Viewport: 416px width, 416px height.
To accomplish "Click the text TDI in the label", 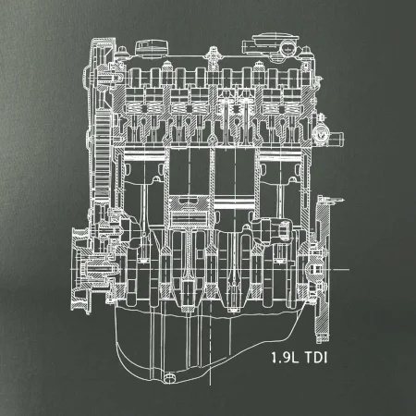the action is pyautogui.click(x=316, y=358).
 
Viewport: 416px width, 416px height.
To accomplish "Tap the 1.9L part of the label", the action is pyautogui.click(x=285, y=358).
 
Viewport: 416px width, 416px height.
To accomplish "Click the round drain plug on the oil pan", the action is pyautogui.click(x=169, y=377).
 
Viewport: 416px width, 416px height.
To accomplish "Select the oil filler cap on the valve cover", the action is pyautogui.click(x=152, y=49).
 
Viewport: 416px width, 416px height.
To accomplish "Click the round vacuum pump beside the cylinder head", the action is pyautogui.click(x=320, y=135).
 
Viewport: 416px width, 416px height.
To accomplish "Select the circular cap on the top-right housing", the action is pyautogui.click(x=288, y=47).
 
